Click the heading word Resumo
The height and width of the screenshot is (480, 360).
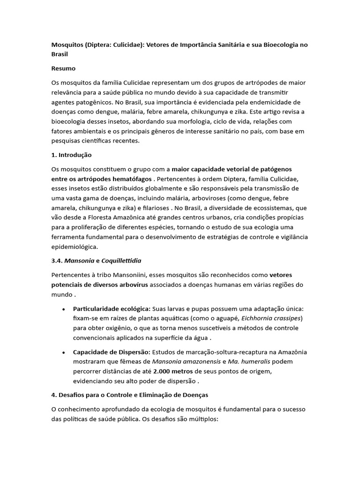point(63,68)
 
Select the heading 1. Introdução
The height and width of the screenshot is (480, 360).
point(72,155)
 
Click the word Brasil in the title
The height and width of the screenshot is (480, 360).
point(60,54)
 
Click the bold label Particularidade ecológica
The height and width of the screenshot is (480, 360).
point(112,309)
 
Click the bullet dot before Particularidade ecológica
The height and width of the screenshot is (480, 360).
point(63,310)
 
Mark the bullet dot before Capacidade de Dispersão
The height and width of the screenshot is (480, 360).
point(63,352)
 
